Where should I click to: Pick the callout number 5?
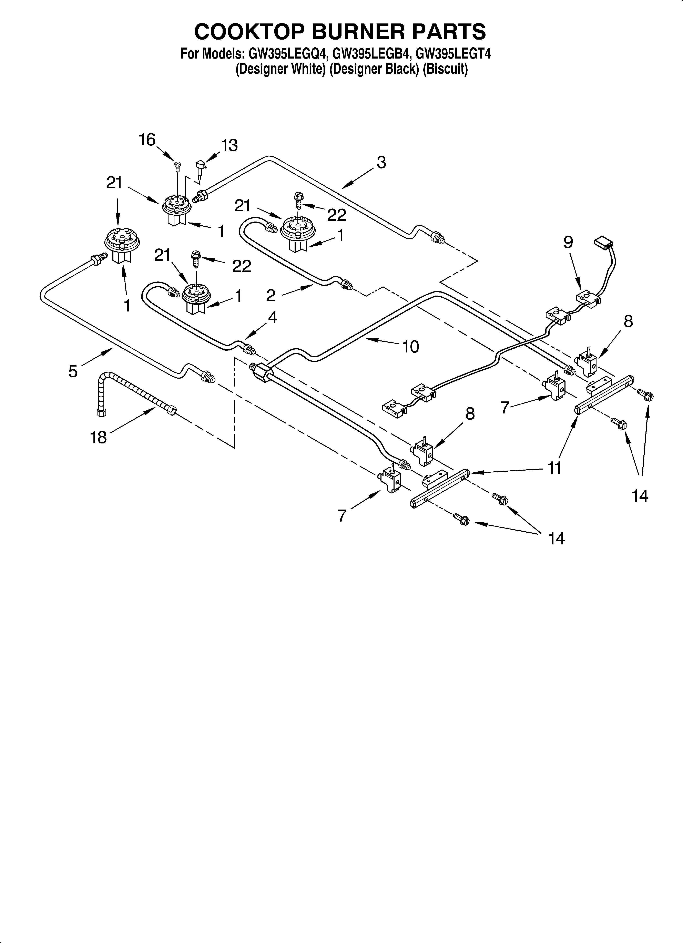(73, 371)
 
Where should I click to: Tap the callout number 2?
(271, 296)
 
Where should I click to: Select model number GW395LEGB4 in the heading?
(371, 54)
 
